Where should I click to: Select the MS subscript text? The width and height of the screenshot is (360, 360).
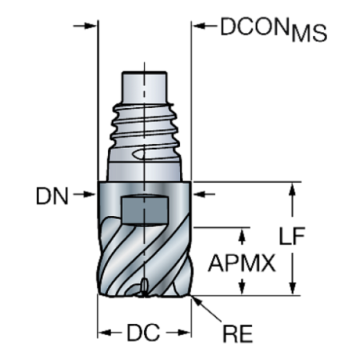click(309, 33)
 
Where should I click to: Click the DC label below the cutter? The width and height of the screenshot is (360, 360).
click(144, 332)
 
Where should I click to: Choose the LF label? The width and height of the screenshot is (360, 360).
click(292, 237)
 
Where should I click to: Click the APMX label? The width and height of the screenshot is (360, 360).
click(242, 262)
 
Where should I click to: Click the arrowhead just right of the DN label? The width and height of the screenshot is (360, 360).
click(91, 195)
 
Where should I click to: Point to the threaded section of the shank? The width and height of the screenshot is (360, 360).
click(145, 132)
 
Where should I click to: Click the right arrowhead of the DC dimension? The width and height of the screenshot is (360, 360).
click(184, 332)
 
